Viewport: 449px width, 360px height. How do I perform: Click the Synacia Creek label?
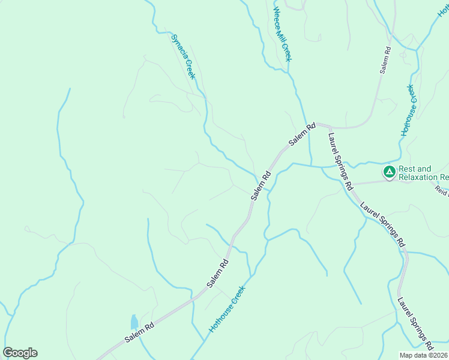point(183,57)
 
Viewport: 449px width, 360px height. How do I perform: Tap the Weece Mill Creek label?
point(282,34)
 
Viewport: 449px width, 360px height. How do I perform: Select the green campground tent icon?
point(389,173)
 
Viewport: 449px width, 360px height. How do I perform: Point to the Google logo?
point(20,353)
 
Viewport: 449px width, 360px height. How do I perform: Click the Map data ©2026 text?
point(424,355)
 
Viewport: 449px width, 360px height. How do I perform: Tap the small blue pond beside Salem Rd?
point(134,322)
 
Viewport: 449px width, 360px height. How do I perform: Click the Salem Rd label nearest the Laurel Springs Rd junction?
point(302,135)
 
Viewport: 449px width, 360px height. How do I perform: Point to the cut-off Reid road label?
point(442,190)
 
